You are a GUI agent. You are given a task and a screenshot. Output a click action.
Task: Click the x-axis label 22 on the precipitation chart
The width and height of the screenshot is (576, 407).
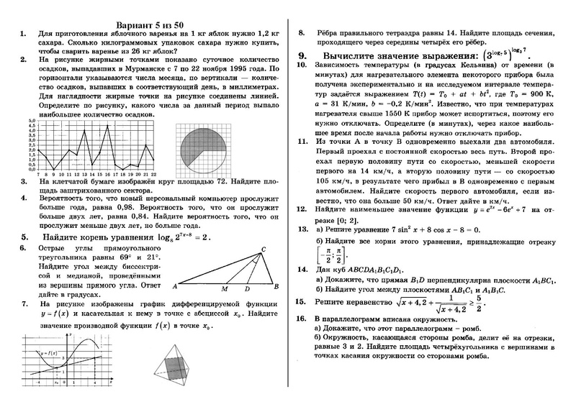point(154,174)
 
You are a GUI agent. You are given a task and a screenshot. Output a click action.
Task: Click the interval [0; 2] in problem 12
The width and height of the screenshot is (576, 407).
point(346,218)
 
